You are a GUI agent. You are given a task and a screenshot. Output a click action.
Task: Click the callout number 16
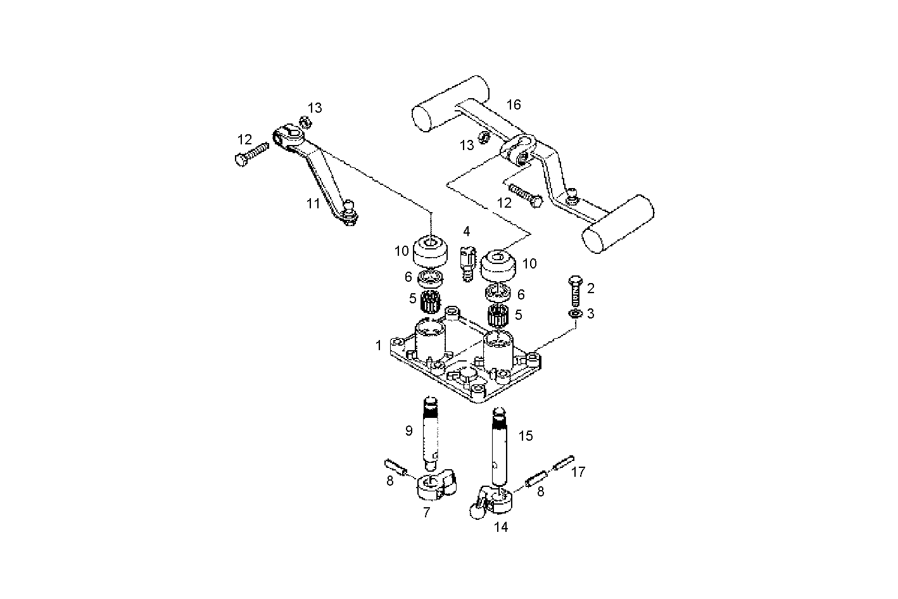pyautogui.click(x=513, y=104)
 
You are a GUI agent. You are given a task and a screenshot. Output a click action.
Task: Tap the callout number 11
pyautogui.click(x=313, y=204)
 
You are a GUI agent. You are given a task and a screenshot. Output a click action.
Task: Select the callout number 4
pyautogui.click(x=466, y=230)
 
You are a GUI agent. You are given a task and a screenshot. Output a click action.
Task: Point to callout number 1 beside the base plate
pyautogui.click(x=379, y=346)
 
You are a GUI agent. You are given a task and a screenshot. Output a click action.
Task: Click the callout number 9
pyautogui.click(x=409, y=431)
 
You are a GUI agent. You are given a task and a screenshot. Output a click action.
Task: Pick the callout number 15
pyautogui.click(x=526, y=436)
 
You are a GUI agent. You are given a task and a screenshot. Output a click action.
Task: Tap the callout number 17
pyautogui.click(x=578, y=472)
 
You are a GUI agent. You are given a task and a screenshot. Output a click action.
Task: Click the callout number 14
pyautogui.click(x=501, y=527)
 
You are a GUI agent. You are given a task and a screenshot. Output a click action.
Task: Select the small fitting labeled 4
pyautogui.click(x=467, y=263)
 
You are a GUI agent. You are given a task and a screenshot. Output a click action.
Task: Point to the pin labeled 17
pyautogui.click(x=564, y=463)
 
